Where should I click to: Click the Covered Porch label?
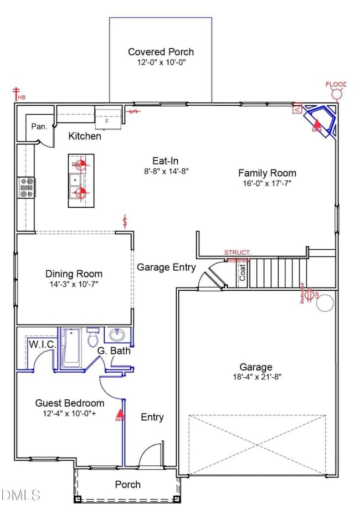pyautogui.click(x=161, y=52)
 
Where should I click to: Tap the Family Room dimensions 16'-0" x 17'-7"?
pyautogui.click(x=266, y=183)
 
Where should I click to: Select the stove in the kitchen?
pyautogui.click(x=26, y=187)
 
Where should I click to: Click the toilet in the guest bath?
pyautogui.click(x=93, y=337)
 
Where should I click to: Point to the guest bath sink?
pyautogui.click(x=117, y=335)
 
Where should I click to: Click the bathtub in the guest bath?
pyautogui.click(x=71, y=347)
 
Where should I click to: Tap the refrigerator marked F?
pyautogui.click(x=107, y=117)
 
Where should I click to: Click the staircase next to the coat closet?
pyautogui.click(x=277, y=273)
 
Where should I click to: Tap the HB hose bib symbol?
pyautogui.click(x=19, y=95)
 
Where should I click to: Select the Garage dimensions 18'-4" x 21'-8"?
pyautogui.click(x=255, y=378)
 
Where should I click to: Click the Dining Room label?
pyautogui.click(x=74, y=274)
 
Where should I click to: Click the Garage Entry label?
pyautogui.click(x=166, y=267)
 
